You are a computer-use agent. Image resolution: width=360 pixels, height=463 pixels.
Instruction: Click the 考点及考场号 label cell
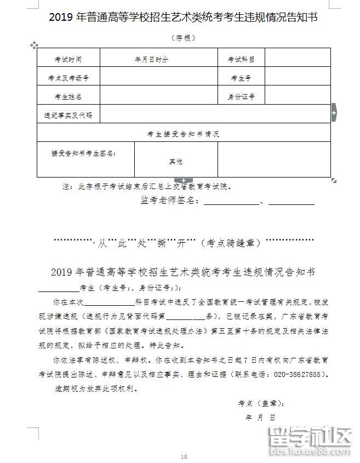tap(68, 78)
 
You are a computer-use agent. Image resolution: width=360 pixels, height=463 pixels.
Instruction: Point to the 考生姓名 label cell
tap(68, 97)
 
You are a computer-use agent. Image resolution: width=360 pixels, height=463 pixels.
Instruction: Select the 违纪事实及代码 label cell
tap(68, 116)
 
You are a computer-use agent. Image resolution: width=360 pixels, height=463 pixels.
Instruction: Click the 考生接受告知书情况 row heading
tap(183, 134)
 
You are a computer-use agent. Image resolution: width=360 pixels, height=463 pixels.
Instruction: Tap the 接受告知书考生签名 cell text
tap(83, 153)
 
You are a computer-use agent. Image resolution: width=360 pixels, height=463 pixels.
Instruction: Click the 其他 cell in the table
tap(175, 162)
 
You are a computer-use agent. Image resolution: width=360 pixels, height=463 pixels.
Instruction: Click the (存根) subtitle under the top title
tap(183, 38)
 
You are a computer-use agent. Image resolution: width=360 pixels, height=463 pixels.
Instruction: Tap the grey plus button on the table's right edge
tap(333, 113)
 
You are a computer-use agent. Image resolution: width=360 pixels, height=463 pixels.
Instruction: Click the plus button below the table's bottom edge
tap(184, 180)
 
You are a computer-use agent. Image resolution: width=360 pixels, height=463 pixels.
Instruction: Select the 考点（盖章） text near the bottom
tap(261, 403)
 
